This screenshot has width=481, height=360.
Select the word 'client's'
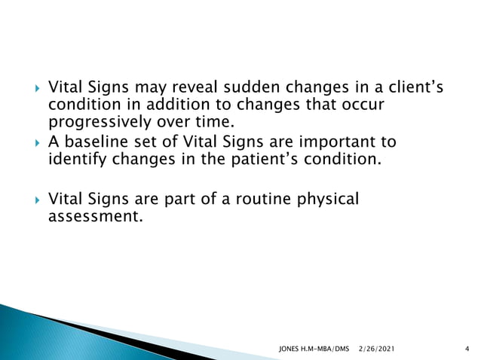(412, 90)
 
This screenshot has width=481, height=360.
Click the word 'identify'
(78, 159)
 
